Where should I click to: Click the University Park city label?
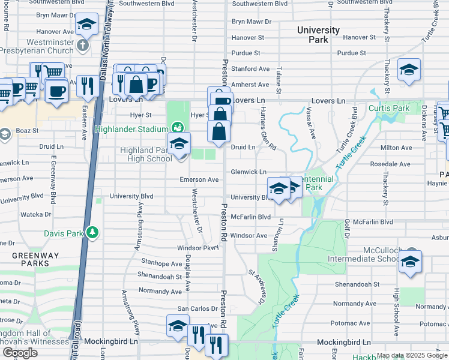[x=318, y=35]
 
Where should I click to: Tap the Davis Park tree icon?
[x=92, y=232]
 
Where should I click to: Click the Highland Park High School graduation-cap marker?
[x=179, y=145]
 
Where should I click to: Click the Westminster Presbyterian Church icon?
[x=83, y=44]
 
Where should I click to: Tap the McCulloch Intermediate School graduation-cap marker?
[x=410, y=262]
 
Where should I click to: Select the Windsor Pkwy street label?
[x=197, y=248]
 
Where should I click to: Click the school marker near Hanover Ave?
[x=87, y=25]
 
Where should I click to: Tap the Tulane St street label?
[x=279, y=77]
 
